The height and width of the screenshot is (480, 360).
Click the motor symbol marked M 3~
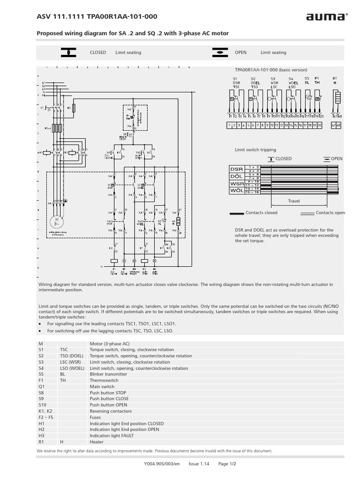[58, 222]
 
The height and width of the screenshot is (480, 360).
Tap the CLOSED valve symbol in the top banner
[68, 52]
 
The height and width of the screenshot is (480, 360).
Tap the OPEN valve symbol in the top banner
[219, 52]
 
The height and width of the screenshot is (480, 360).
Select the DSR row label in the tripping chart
[236, 169]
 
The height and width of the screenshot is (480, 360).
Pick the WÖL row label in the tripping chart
[236, 191]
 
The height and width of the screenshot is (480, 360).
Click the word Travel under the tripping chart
[294, 201]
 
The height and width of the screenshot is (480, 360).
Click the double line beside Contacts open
[307, 213]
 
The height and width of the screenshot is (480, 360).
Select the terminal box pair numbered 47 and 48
[336, 125]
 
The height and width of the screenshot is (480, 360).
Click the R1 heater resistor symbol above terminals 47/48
[337, 97]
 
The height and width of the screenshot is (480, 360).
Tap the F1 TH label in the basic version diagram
[317, 80]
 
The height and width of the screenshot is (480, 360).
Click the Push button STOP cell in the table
[108, 392]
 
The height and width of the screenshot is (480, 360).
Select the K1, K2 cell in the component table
[45, 411]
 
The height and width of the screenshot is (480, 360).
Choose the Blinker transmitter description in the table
[110, 374]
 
